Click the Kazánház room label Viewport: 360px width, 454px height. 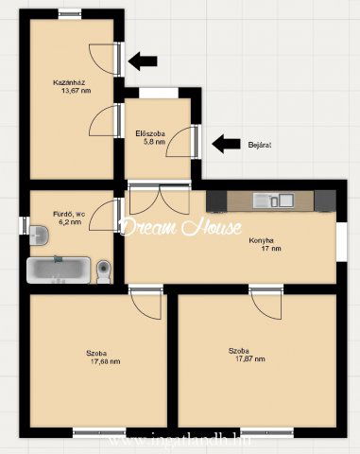click(x=69, y=83)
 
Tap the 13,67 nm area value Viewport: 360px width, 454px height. click(x=77, y=91)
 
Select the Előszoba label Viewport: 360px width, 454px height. click(x=150, y=133)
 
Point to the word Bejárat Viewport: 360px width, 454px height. click(x=260, y=145)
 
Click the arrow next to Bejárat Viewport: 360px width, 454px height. click(x=226, y=144)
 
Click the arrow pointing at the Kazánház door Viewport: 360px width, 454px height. click(x=143, y=61)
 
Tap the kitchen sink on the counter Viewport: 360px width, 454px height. click(x=273, y=201)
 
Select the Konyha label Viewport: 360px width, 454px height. click(x=261, y=240)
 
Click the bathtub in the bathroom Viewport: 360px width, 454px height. click(x=59, y=270)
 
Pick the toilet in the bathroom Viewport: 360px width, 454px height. click(x=104, y=271)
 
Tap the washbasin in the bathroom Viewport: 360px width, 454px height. click(x=39, y=235)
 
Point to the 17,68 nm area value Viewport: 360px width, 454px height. click(x=106, y=361)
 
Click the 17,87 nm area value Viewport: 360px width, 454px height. click(x=250, y=359)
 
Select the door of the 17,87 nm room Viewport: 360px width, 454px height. click(x=266, y=302)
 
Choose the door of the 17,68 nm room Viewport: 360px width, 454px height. click(x=146, y=302)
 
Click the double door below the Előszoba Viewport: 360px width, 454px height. click(x=160, y=198)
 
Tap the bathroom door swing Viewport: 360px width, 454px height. click(x=104, y=216)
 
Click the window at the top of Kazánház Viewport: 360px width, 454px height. click(x=70, y=14)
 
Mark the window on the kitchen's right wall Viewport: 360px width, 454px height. click(x=342, y=242)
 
